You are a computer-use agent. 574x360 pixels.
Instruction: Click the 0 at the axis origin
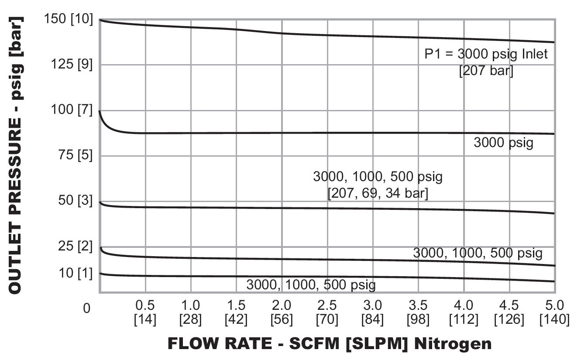click(87, 308)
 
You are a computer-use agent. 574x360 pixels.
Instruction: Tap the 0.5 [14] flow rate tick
click(145, 312)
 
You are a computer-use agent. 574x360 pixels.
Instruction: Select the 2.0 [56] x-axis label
click(282, 312)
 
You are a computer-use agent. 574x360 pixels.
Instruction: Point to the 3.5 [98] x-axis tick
click(418, 312)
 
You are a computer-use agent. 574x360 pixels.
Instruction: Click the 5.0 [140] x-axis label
click(554, 312)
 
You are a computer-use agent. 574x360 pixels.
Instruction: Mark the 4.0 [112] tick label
click(464, 312)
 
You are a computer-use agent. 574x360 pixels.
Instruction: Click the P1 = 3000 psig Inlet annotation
click(486, 55)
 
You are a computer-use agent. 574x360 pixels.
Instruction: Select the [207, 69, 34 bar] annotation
click(378, 193)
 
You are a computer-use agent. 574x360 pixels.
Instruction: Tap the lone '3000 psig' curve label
click(503, 143)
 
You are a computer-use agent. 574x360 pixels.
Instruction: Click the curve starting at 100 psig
click(306, 133)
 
